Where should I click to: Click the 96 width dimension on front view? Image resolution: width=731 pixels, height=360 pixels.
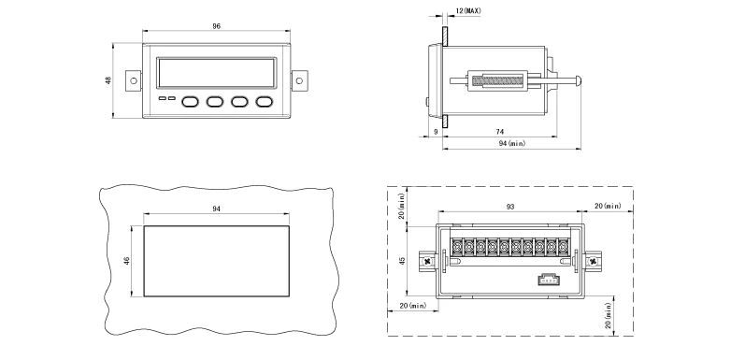tap(216, 26)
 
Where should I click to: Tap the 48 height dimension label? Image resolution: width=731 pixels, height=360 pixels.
tap(108, 80)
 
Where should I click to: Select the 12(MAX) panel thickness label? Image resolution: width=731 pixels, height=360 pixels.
tap(468, 10)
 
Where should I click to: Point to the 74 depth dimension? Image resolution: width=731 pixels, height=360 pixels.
tap(500, 132)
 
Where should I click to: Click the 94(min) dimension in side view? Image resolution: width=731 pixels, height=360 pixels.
tap(512, 144)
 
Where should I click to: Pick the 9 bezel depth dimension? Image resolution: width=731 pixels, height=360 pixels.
tap(436, 132)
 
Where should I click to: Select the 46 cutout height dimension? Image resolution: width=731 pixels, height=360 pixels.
tap(126, 261)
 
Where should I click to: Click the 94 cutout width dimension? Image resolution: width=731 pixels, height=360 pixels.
tap(216, 209)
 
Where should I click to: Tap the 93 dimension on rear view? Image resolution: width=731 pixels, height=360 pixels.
tap(510, 207)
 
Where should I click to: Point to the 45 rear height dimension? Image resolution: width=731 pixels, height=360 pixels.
tap(403, 260)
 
